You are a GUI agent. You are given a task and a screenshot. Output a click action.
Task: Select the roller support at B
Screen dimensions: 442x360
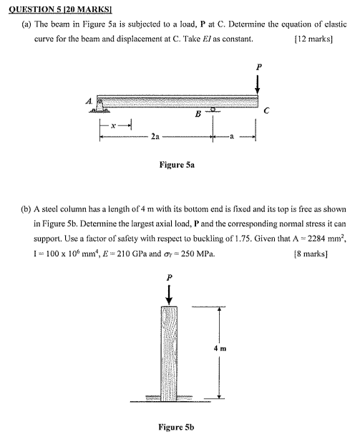212,109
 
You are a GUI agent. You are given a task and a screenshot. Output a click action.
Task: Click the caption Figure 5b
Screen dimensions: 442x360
176,428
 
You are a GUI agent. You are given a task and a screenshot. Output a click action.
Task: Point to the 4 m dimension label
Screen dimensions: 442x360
230,349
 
